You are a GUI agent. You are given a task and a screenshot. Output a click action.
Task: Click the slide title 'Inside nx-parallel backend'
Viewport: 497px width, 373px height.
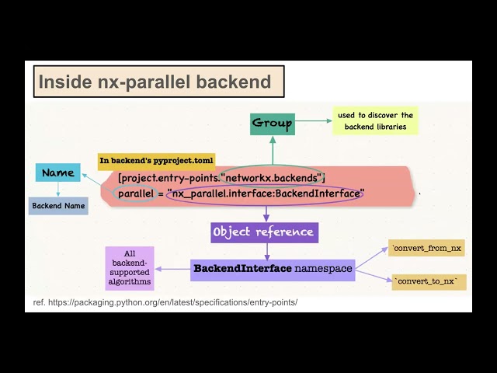coord(155,82)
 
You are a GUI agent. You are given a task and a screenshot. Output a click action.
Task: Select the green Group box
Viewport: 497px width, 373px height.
coord(273,123)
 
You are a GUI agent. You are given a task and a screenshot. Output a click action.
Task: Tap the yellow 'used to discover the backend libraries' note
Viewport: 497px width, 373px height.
coord(375,120)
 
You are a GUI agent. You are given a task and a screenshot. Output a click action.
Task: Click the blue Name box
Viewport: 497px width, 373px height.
coord(58,173)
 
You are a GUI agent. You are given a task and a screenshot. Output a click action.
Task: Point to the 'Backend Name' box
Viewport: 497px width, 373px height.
coord(58,207)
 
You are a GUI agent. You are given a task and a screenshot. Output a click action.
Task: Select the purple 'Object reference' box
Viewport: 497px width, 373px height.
coord(264,232)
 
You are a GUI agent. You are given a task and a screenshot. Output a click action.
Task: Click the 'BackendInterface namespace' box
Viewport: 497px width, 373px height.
coord(273,269)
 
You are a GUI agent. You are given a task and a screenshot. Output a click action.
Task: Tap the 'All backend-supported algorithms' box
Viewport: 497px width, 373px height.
coord(130,268)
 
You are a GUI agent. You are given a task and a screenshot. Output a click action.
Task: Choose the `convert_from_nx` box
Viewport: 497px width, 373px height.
coord(428,249)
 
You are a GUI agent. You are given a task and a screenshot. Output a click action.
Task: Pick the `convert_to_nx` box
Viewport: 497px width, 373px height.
coord(428,281)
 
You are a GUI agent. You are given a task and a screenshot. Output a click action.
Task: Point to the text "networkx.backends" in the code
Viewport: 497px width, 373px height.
coord(276,178)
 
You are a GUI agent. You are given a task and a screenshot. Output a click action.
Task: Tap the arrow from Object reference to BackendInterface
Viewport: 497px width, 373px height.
coord(266,250)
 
